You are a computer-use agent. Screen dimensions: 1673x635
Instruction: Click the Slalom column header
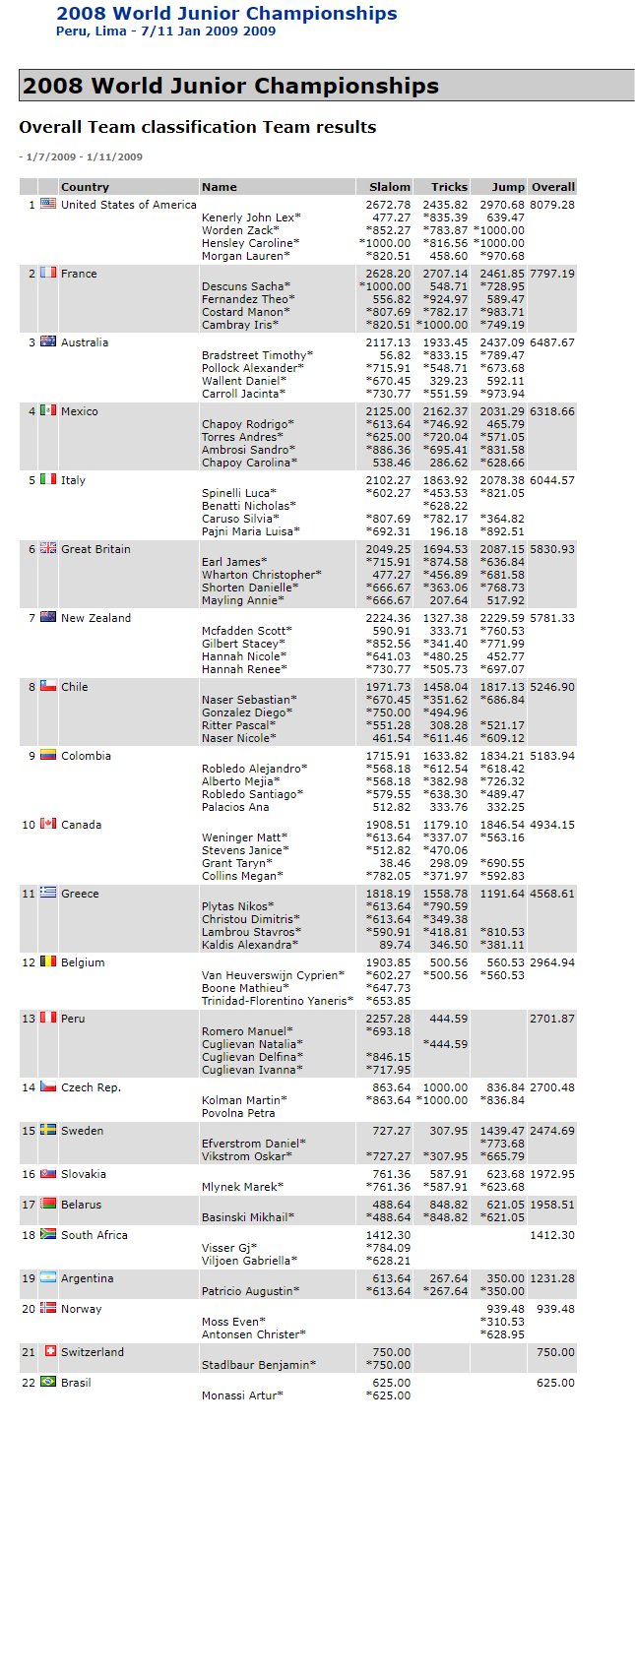[389, 187]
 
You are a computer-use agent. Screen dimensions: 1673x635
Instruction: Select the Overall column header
[552, 187]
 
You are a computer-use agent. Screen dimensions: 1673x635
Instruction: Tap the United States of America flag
[48, 205]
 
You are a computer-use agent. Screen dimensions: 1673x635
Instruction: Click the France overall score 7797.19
[551, 274]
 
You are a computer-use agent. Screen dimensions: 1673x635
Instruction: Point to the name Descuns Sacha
[244, 286]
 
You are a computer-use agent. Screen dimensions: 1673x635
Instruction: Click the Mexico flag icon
[48, 411]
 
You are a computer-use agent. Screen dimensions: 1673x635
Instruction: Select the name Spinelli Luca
[239, 493]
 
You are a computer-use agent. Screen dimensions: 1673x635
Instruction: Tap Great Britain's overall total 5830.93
[551, 549]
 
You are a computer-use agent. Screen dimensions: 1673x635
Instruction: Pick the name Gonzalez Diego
[246, 713]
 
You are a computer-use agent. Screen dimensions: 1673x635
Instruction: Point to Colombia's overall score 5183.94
[551, 756]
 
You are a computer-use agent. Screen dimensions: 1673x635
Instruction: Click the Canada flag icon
[48, 825]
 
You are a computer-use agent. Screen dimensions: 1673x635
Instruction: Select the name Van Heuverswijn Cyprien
[273, 975]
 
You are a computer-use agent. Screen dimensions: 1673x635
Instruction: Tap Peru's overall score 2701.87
[551, 1019]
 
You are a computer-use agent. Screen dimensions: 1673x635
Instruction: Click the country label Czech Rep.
[91, 1087]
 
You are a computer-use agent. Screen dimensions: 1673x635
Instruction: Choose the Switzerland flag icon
[48, 1352]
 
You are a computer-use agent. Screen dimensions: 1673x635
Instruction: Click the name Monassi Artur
[242, 1395]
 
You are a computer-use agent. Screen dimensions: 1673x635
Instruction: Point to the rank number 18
[29, 1235]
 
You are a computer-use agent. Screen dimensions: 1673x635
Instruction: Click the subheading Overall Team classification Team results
[197, 127]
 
